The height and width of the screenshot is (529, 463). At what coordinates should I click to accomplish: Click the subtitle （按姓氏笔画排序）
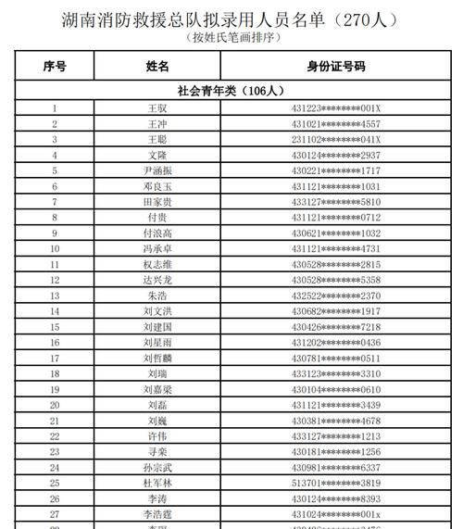pos(231,37)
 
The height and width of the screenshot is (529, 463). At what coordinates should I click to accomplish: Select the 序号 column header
pos(55,67)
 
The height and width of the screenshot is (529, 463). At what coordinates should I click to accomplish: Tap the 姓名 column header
pos(157,67)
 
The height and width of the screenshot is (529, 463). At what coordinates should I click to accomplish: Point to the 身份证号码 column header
pos(336,67)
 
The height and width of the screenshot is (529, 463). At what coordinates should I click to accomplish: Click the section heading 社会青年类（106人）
pos(231,90)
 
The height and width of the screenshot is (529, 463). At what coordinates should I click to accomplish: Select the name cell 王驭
pos(157,107)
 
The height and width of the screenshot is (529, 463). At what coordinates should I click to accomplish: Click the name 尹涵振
pos(157,170)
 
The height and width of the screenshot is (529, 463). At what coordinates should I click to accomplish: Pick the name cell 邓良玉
pos(157,186)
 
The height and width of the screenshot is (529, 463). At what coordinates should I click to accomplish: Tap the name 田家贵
pos(157,202)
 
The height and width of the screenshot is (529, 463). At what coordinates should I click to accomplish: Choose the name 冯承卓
pos(157,248)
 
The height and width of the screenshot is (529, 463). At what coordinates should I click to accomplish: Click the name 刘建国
pos(157,326)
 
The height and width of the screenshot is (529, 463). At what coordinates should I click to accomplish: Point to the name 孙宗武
pos(157,467)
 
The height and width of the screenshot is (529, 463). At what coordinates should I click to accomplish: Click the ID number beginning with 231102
pos(336,139)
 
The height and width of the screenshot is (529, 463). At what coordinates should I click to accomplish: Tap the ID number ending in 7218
pos(336,326)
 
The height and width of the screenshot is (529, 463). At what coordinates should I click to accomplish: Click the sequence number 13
pos(55,296)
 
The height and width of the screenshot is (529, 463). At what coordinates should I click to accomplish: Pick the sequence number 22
pos(55,435)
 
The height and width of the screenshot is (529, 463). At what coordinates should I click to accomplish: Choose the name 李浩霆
pos(157,513)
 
